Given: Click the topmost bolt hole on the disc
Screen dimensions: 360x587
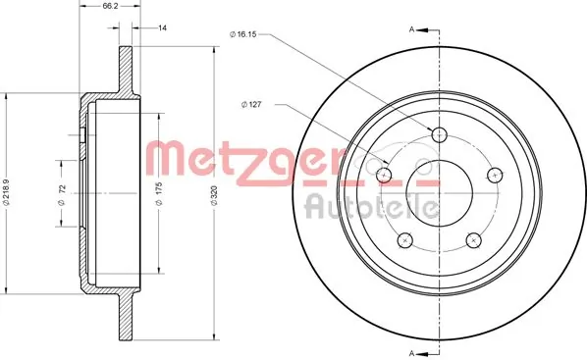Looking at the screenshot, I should (439, 134).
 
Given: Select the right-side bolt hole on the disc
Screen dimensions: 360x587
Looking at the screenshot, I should (496, 176).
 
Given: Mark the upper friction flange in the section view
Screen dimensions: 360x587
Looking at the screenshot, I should (127, 70).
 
